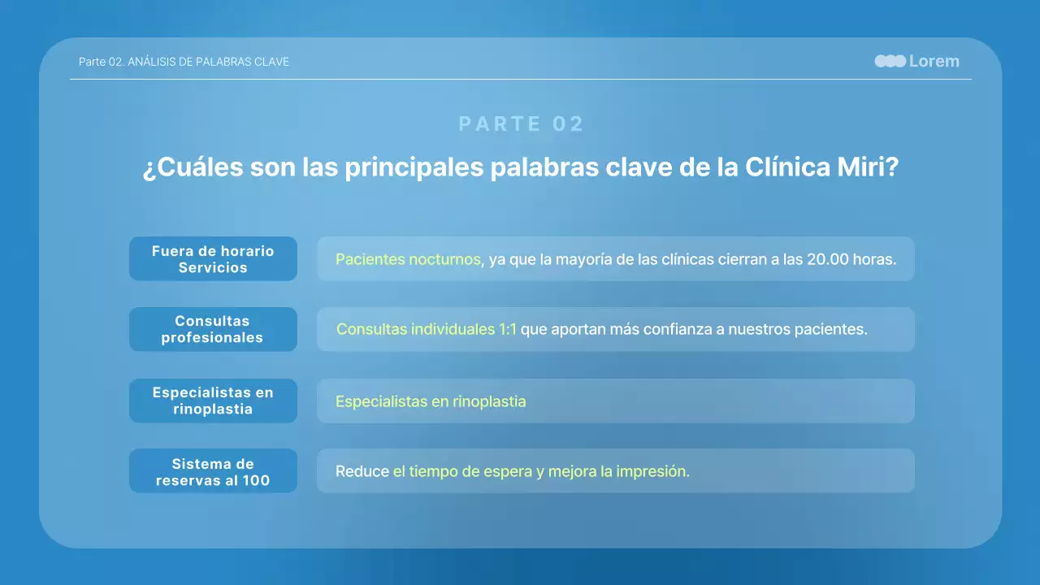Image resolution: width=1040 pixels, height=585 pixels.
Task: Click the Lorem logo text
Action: [x=934, y=62]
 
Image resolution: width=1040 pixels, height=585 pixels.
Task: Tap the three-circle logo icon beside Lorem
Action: [x=890, y=62]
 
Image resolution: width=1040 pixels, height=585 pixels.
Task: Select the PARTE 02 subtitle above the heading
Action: [x=521, y=124]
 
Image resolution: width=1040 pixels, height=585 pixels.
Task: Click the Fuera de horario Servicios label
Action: [x=213, y=259]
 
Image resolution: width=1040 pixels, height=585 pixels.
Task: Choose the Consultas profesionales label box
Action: [x=213, y=329]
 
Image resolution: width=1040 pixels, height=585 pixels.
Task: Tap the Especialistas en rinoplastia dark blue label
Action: [x=213, y=401]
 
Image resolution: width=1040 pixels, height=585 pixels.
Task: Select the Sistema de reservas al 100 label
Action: [x=213, y=471]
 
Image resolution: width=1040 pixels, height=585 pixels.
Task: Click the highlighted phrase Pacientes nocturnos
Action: [x=408, y=259]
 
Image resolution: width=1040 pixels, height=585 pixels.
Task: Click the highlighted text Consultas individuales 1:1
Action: [x=427, y=329]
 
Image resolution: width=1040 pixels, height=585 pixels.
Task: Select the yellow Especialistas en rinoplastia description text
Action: [x=431, y=401]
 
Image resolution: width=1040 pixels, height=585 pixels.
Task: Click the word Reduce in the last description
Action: [x=362, y=471]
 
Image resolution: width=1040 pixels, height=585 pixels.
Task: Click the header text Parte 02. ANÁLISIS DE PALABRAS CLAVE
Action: [x=184, y=62]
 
